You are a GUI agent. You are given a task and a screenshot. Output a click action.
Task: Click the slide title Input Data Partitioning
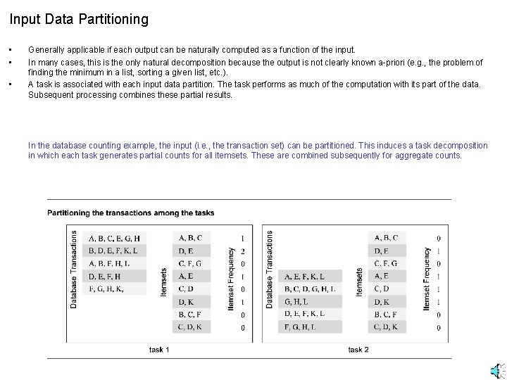coord(79,19)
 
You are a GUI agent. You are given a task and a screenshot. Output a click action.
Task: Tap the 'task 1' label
coord(159,350)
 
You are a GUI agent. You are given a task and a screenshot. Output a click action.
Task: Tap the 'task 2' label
coord(358,350)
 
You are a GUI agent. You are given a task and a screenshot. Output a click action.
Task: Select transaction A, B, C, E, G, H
coord(115,238)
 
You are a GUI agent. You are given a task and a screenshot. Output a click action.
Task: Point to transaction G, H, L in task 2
coord(296,301)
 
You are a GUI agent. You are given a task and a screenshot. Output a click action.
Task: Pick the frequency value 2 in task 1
coord(243,251)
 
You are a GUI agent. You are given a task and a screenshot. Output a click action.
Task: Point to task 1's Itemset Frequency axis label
coord(232,278)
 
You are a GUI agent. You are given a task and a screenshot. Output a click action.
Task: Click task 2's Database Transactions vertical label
coord(270,269)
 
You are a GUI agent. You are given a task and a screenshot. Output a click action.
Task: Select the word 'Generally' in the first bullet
coord(46,50)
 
